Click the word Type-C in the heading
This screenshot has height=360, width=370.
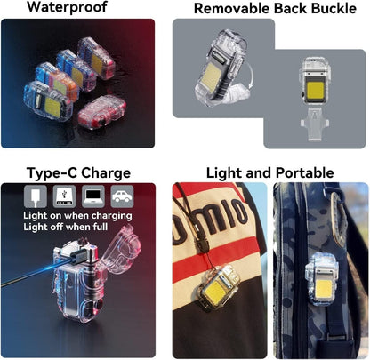click(x=49, y=172)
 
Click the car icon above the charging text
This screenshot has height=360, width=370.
click(x=123, y=195)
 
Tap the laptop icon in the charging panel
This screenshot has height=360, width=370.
click(x=93, y=195)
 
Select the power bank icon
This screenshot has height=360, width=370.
click(x=64, y=195)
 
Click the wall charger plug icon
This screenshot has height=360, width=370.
click(x=35, y=195)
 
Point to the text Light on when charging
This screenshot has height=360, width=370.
click(x=78, y=214)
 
